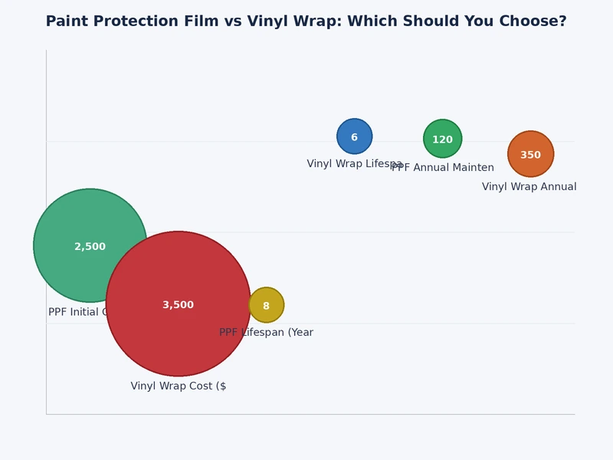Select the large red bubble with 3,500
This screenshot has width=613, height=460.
coord(179,304)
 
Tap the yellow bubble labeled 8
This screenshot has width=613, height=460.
coord(267,305)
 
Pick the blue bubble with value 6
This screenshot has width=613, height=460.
coord(355,136)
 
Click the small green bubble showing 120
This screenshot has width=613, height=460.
coord(443,139)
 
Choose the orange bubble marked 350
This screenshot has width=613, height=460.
coord(530,154)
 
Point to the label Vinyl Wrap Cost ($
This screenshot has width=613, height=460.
coord(179,386)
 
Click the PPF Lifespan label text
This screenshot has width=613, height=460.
coord(267,333)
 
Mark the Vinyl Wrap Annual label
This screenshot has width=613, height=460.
coord(529,187)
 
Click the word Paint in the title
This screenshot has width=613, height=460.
coord(67,21)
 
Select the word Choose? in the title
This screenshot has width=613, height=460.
coord(535,21)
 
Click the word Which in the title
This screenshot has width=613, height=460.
coord(369,21)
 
